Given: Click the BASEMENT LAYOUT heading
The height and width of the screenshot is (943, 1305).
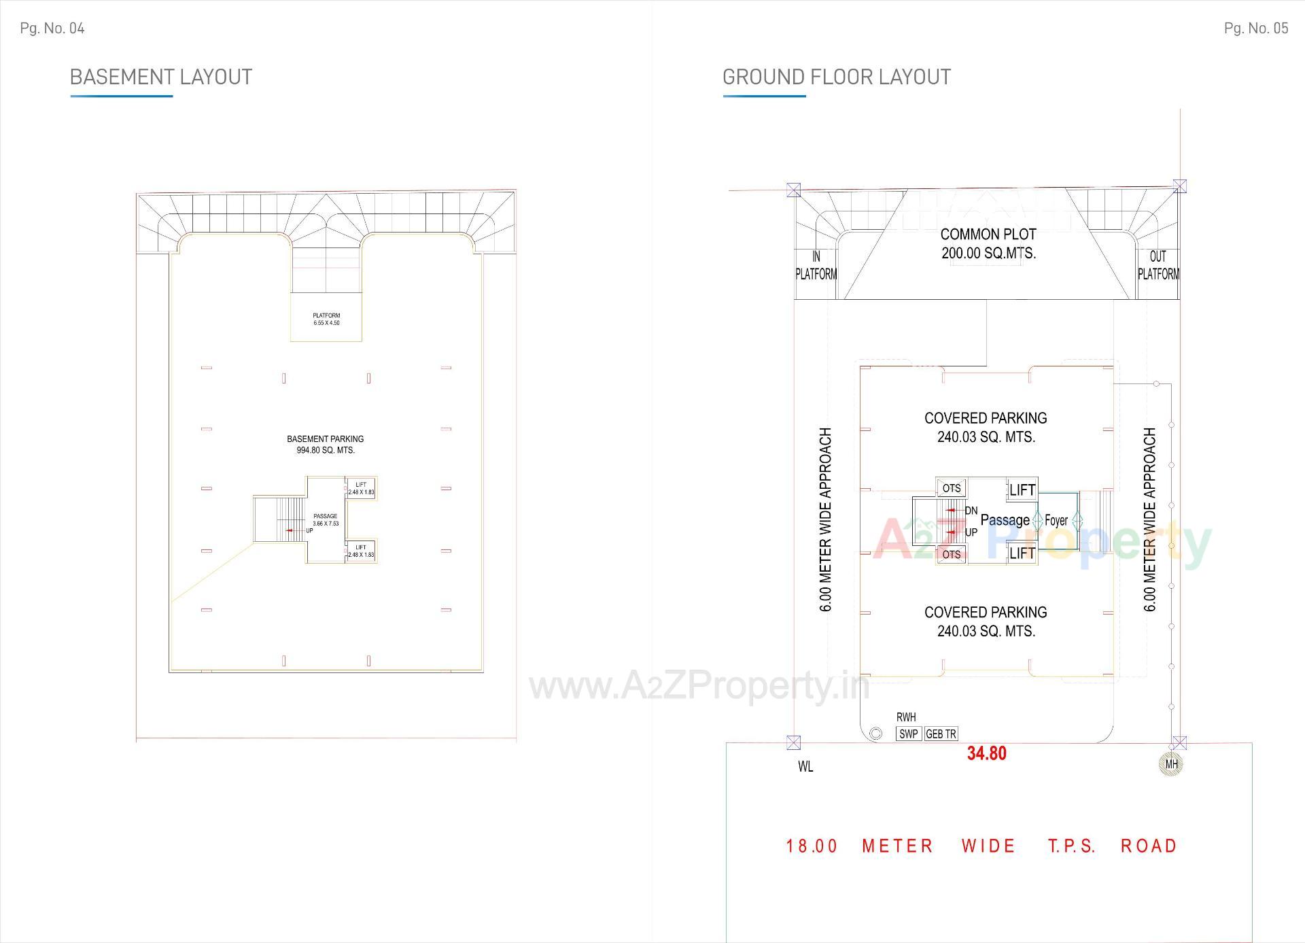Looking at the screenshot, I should click(160, 77).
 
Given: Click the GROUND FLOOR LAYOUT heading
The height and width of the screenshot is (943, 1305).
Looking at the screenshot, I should click(836, 77).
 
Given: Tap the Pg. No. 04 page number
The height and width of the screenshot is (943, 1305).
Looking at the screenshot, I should click(52, 28).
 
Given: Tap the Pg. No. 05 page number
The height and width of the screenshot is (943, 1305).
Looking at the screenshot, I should click(1255, 28).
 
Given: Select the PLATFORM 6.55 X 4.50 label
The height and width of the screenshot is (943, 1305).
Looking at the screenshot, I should click(326, 319).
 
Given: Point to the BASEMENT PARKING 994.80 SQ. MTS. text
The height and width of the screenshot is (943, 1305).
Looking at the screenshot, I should click(325, 444).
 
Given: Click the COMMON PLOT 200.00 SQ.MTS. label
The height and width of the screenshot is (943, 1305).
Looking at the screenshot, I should click(988, 243).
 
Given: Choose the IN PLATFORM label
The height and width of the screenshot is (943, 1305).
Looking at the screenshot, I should click(816, 265).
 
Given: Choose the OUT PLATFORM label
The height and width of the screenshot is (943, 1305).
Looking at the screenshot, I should click(1158, 265).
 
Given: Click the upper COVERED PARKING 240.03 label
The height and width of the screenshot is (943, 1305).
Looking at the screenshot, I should click(986, 427).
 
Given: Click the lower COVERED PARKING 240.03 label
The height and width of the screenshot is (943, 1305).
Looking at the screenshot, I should click(986, 621).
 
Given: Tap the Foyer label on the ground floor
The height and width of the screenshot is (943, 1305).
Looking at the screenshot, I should click(1056, 521).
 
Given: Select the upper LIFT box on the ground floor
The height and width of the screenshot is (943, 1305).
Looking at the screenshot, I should click(1022, 490).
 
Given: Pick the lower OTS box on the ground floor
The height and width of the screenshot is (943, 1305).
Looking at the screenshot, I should click(952, 554).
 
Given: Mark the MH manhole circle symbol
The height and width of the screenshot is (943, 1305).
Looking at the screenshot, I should click(1171, 764).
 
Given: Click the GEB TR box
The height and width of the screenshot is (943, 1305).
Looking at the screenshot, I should click(941, 734).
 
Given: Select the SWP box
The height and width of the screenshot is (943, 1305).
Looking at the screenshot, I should click(909, 734).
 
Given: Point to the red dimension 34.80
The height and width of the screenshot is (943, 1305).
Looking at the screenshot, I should click(986, 753).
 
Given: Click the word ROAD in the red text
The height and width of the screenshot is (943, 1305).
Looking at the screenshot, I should click(1149, 846).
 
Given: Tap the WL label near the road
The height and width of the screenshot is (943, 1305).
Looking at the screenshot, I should click(805, 767).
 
